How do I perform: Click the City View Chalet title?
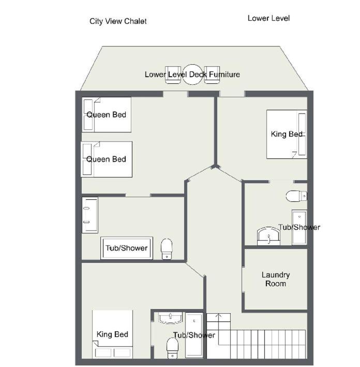coord(118,21)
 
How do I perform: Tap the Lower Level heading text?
coord(268,18)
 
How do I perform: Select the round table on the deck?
coord(192,75)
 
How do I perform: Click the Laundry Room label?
coord(276,279)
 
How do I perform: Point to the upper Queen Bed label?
coord(106,115)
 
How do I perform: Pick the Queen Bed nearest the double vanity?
coord(107,159)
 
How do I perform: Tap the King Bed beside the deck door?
coord(287,135)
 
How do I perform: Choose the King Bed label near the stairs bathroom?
coord(112,334)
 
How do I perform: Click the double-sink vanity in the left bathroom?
coord(90,215)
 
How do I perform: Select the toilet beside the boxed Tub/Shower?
coord(167,249)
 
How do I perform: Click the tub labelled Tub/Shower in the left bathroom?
coord(127,248)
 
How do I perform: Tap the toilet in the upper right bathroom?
coord(296,196)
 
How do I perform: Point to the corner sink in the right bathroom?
coord(268,236)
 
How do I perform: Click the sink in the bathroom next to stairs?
coord(170,318)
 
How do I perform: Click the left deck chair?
coord(173,75)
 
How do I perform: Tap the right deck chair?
coord(212,75)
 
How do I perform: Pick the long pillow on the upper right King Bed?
coord(302,135)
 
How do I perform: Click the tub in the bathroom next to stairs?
coord(194,335)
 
